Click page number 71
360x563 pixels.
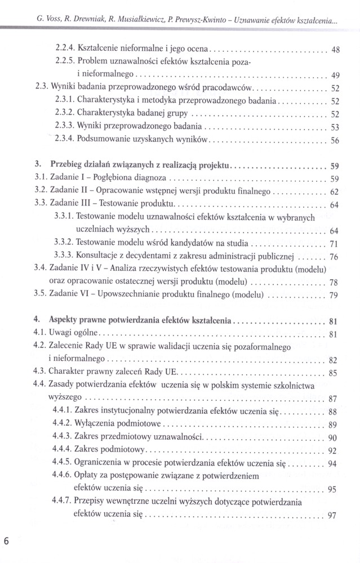click(x=334, y=244)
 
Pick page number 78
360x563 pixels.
click(x=334, y=283)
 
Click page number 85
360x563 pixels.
click(x=334, y=373)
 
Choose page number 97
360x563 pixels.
click(x=333, y=515)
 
